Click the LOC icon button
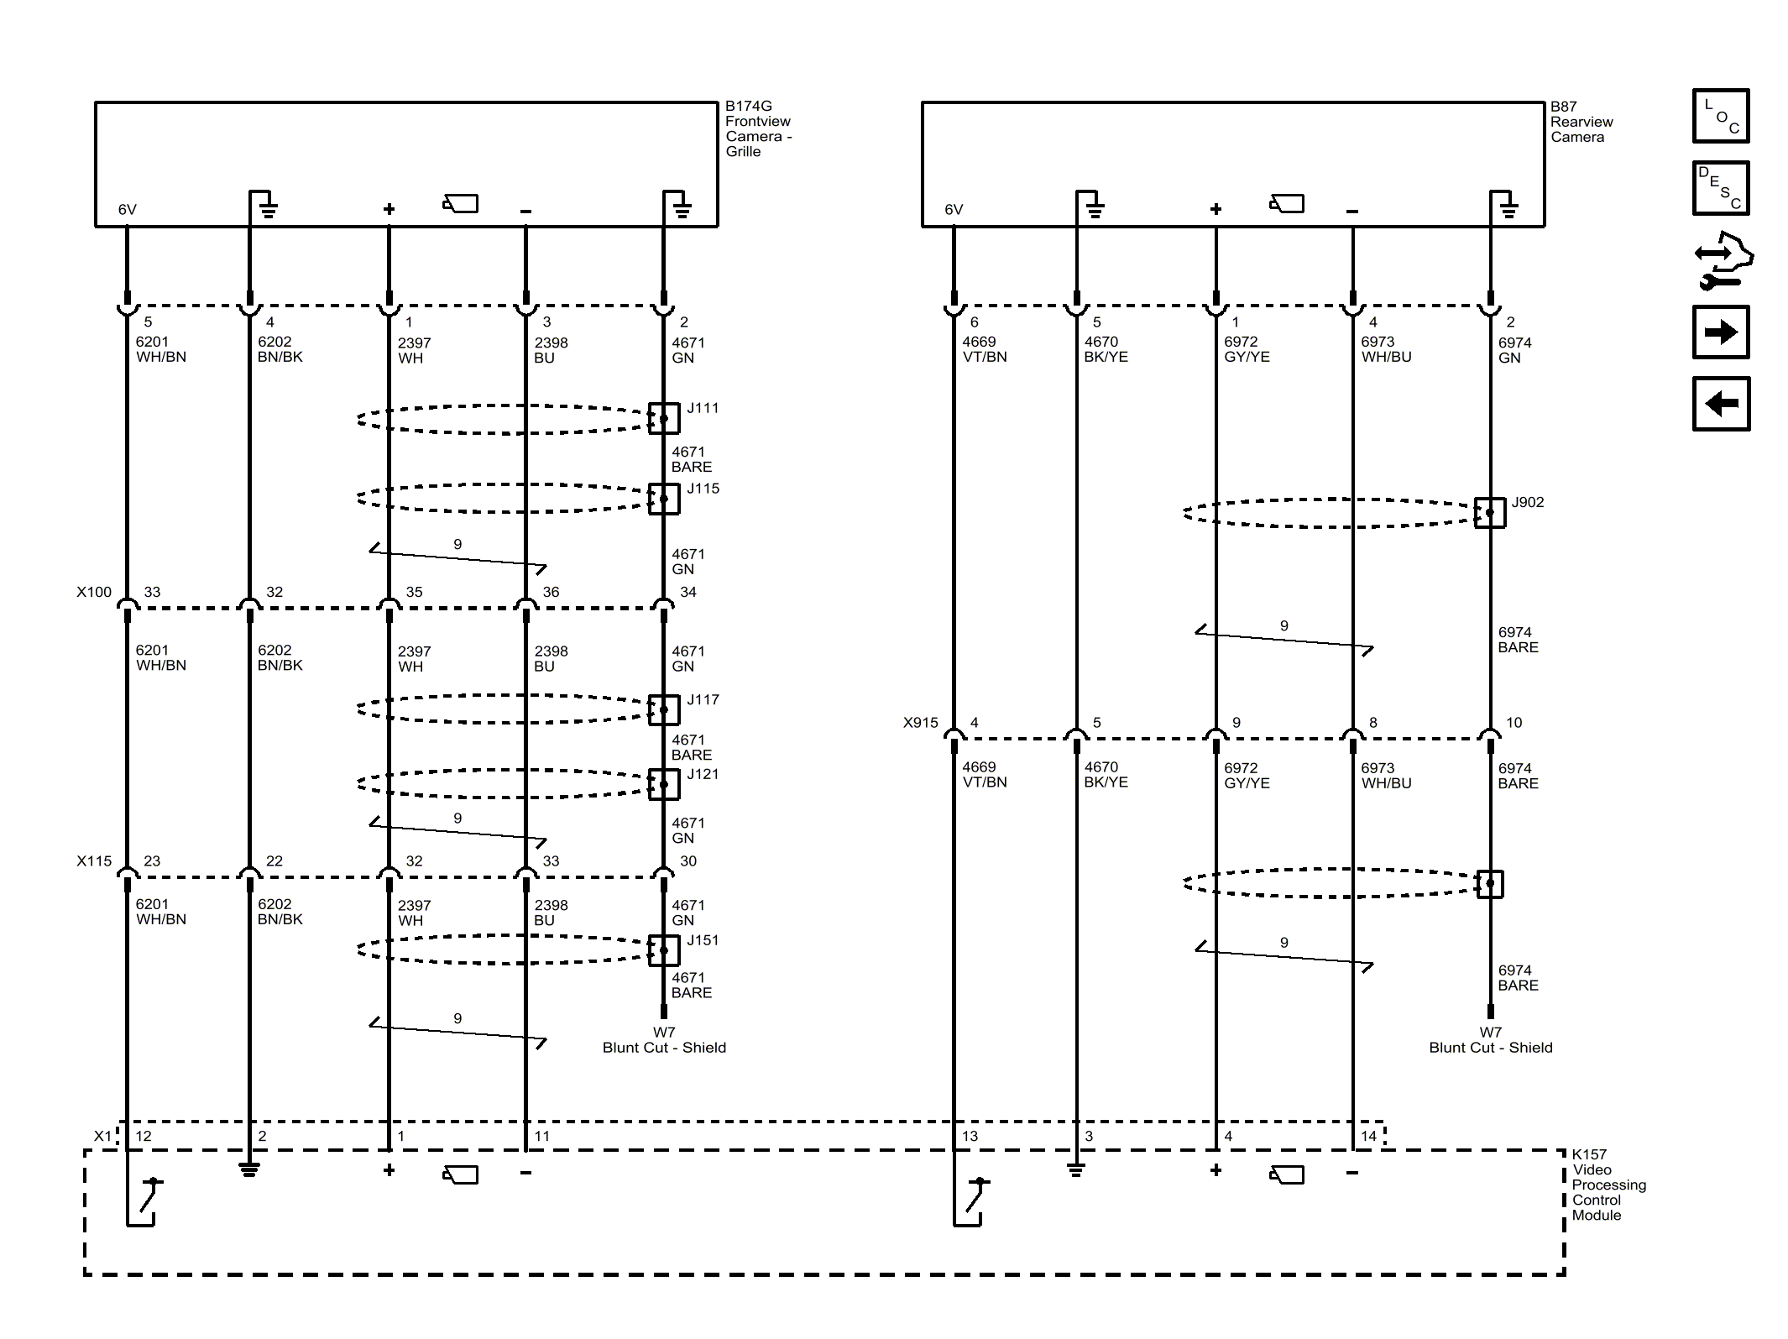coord(1720,116)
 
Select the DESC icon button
coord(1720,188)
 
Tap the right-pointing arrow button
coord(1720,332)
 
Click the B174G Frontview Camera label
coord(757,128)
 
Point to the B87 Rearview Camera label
coord(1581,122)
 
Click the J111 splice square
coord(663,418)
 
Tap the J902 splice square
coord(1490,512)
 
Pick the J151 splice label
coord(703,940)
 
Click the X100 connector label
coord(94,592)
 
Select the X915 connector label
coord(920,722)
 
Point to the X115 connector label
coord(94,860)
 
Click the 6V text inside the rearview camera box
coord(954,210)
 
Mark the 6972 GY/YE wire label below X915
coord(1246,775)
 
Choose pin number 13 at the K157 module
coord(970,1136)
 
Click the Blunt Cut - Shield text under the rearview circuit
coord(1490,1047)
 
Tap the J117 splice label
coord(703,699)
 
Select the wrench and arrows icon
coord(1722,260)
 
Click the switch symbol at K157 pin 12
coord(146,1199)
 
